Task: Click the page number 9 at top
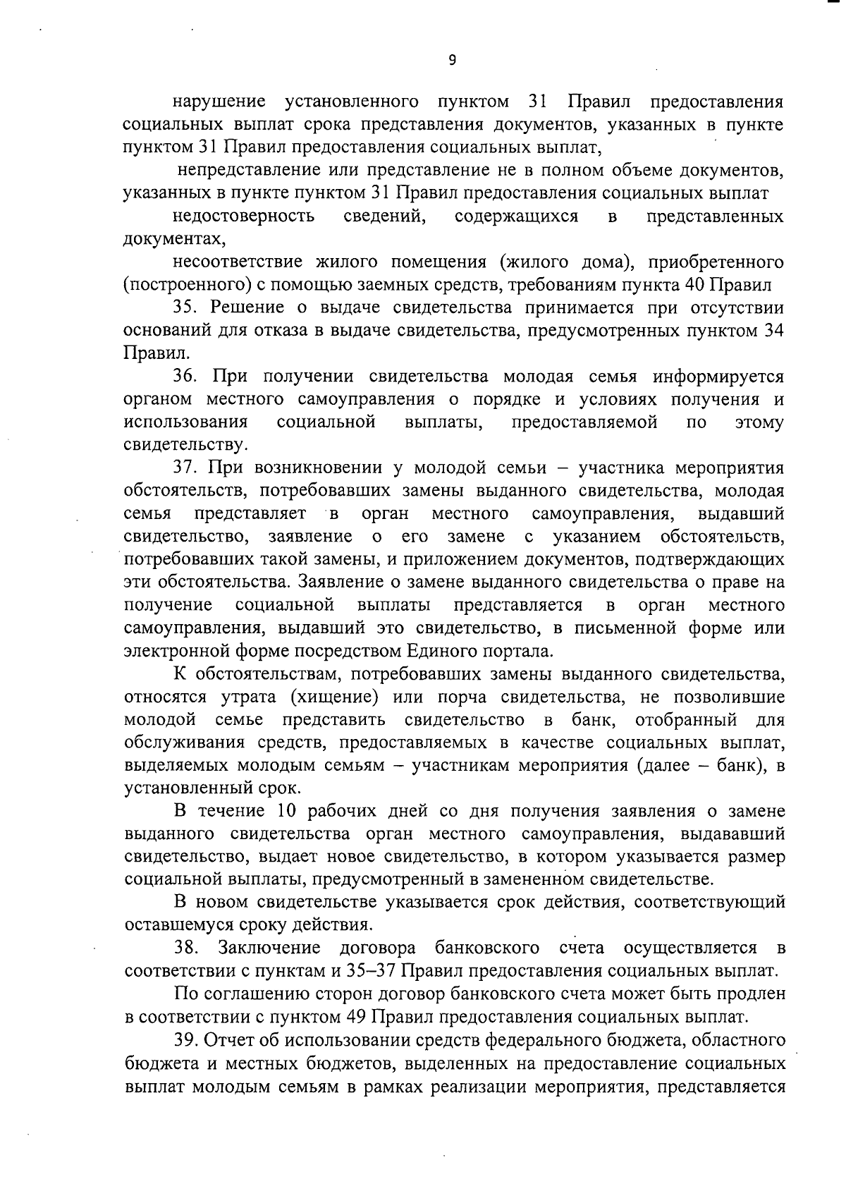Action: click(452, 61)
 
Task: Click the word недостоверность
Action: click(244, 216)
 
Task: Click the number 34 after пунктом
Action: click(774, 330)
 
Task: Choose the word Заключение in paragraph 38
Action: click(269, 948)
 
